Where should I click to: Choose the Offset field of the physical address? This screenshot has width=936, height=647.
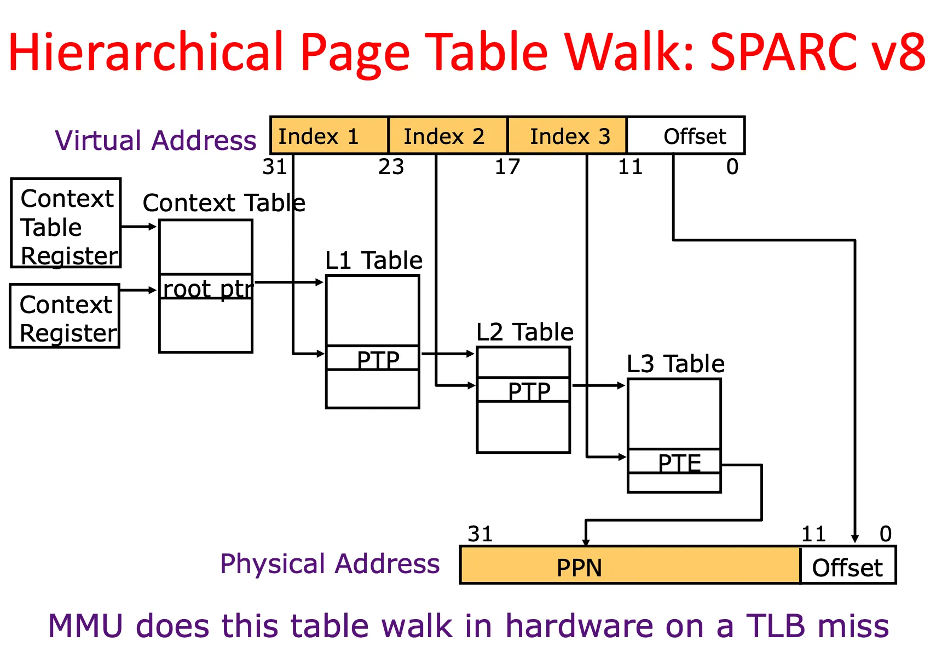tap(847, 567)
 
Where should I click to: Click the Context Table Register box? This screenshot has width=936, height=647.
tap(66, 223)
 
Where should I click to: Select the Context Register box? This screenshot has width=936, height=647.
tap(65, 316)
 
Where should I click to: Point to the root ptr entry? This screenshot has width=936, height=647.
tap(206, 287)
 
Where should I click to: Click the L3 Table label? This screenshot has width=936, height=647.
tap(675, 363)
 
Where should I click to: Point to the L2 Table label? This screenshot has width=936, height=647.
tap(524, 332)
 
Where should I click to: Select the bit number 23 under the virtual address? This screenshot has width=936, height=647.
tap(391, 166)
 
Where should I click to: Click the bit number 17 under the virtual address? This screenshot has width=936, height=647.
tap(507, 166)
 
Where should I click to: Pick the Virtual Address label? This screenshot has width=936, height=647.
tap(155, 140)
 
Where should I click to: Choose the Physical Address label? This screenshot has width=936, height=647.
tap(330, 563)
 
